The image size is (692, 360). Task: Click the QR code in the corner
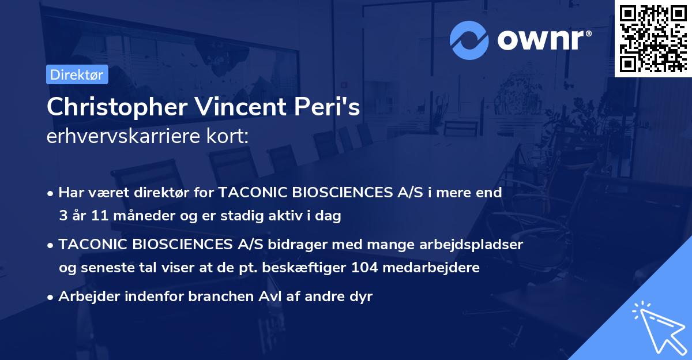click(653, 38)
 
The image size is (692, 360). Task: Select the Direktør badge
click(77, 74)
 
